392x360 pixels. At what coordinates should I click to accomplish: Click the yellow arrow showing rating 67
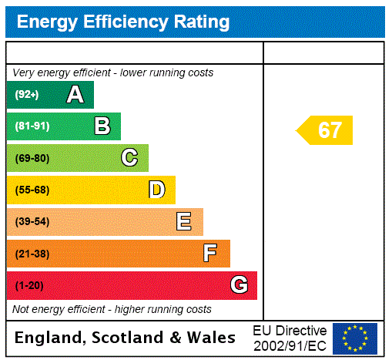click(x=326, y=130)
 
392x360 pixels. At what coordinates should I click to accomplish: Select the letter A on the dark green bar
click(x=75, y=95)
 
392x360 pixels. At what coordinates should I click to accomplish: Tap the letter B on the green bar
click(x=102, y=126)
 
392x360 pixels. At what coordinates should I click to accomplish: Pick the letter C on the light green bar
click(x=129, y=158)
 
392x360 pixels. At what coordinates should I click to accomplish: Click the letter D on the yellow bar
click(x=156, y=190)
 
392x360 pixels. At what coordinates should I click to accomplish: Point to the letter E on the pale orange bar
click(x=184, y=222)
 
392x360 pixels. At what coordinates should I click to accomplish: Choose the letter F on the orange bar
click(x=210, y=254)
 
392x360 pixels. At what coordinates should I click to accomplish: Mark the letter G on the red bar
click(x=239, y=285)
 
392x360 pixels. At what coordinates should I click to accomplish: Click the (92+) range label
click(x=27, y=95)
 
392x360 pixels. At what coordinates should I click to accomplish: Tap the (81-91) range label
click(x=32, y=126)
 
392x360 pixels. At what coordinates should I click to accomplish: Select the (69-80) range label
click(x=32, y=158)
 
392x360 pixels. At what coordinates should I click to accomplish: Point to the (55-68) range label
click(x=32, y=190)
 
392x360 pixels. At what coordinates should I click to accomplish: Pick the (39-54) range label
click(x=32, y=222)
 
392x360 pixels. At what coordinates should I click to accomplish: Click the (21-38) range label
click(x=32, y=254)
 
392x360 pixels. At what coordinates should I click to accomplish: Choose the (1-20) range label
click(x=29, y=286)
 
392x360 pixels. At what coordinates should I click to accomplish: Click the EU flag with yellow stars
click(x=355, y=338)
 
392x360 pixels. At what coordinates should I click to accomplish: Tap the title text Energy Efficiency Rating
click(x=123, y=22)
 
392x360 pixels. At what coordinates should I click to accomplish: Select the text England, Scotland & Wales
click(x=126, y=338)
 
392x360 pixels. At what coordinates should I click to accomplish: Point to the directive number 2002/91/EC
click(x=290, y=345)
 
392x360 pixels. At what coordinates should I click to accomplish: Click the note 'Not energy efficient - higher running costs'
click(x=112, y=309)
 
